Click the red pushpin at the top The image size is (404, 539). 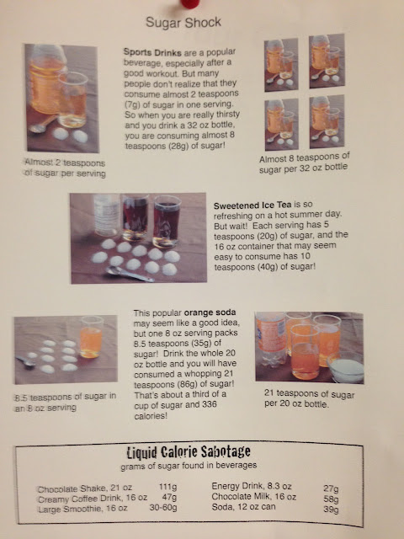click(190, 3)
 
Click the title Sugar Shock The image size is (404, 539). click(183, 23)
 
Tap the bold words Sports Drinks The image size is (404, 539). click(152, 52)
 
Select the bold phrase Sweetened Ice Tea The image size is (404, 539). click(252, 205)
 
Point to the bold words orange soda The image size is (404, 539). click(210, 312)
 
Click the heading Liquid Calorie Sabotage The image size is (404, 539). click(189, 452)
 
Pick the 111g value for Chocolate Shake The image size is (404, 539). click(168, 487)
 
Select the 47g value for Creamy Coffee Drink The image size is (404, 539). click(169, 497)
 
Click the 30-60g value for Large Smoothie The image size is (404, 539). click(163, 507)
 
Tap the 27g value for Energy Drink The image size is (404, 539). click(331, 488)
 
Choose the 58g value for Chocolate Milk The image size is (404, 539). click(331, 499)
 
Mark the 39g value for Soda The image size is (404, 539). click(331, 509)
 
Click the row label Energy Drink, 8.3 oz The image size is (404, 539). click(252, 487)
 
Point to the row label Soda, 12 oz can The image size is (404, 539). click(243, 507)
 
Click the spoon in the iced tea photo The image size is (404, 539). click(130, 274)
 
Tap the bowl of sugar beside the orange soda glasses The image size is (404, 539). click(345, 370)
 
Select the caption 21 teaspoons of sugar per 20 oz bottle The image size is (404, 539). click(309, 398)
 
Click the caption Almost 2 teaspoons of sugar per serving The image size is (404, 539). click(65, 168)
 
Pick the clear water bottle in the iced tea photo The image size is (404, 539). click(107, 216)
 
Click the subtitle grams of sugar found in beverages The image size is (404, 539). click(189, 466)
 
